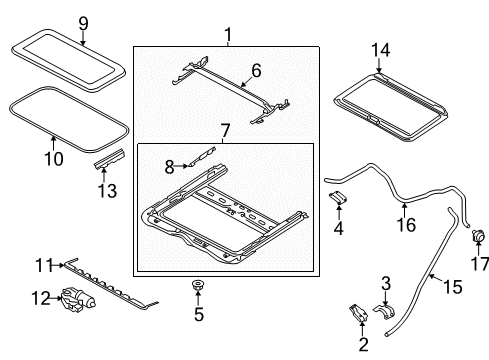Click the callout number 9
click(83, 24)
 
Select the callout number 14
click(380, 50)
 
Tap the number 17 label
click(480, 264)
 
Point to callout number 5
click(199, 314)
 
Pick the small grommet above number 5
click(198, 285)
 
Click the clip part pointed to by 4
click(337, 197)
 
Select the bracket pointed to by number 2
click(358, 312)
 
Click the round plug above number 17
click(477, 235)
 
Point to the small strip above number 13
click(110, 159)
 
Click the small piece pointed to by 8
click(202, 156)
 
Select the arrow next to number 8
click(181, 165)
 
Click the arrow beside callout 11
click(58, 265)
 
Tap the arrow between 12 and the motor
click(55, 298)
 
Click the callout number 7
click(225, 131)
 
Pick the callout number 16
click(406, 225)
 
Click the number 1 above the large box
click(228, 35)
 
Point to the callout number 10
click(54, 159)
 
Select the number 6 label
click(256, 71)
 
